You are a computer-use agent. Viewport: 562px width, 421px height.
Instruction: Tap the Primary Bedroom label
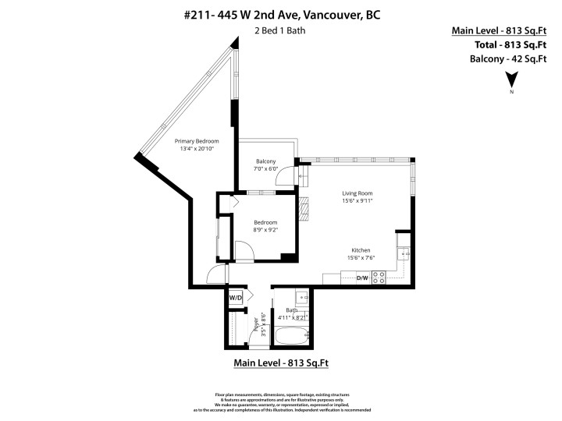(x=196, y=141)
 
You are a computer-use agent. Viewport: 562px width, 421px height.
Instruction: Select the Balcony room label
(x=266, y=161)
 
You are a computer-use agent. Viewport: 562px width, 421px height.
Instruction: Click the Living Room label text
(x=357, y=193)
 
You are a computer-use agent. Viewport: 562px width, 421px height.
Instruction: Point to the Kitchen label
(x=360, y=250)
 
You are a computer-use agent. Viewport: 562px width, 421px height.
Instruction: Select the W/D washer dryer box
(x=236, y=298)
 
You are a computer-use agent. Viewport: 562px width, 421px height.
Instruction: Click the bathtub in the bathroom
(x=290, y=338)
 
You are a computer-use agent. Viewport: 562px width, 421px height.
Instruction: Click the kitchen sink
(x=403, y=253)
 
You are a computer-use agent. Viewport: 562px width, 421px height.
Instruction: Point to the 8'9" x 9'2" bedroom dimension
(x=265, y=230)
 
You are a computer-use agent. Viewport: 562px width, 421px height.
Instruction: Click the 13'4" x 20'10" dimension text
(x=196, y=149)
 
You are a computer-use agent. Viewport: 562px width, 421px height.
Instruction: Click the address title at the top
(x=280, y=14)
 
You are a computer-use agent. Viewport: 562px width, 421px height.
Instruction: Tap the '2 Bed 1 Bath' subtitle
(x=280, y=31)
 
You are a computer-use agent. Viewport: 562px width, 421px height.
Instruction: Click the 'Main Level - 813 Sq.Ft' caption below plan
(x=281, y=363)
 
